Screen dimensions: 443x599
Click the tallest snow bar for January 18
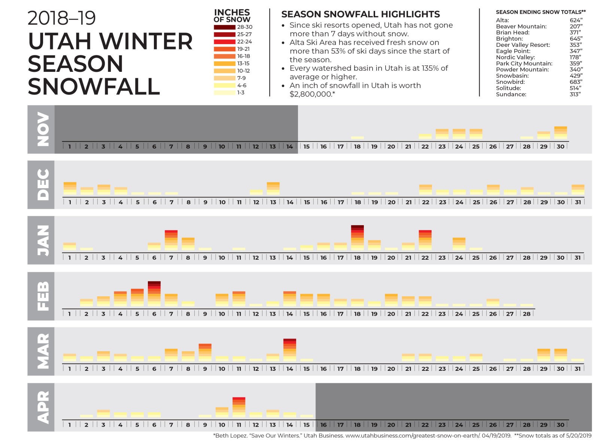(357, 238)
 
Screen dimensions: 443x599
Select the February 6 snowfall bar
(154, 294)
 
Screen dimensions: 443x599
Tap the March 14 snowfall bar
(290, 350)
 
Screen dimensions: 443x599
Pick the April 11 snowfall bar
(239, 407)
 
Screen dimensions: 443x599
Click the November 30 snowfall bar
(560, 133)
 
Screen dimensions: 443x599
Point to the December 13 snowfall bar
(273, 189)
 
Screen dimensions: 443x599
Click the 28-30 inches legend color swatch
(224, 27)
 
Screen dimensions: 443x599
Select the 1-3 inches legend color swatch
(224, 92)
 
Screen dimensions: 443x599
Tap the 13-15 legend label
(243, 63)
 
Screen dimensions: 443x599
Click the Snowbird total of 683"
(576, 82)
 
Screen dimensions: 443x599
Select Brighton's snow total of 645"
(576, 39)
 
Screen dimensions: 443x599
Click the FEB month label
(42, 296)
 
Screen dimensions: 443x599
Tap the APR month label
(42, 407)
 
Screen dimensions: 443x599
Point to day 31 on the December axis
(578, 202)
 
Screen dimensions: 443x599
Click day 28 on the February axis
(527, 314)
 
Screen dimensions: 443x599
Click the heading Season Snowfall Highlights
(361, 14)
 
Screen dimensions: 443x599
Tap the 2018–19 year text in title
(62, 18)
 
